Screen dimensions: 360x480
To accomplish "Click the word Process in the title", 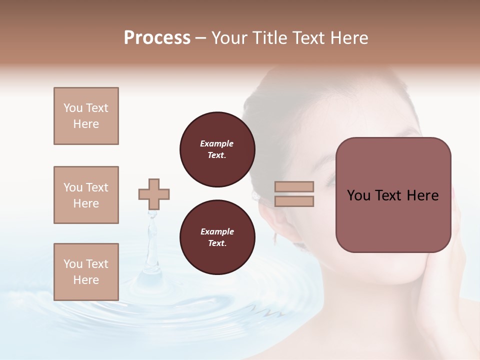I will [x=157, y=38].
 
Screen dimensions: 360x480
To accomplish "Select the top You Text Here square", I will [x=86, y=116].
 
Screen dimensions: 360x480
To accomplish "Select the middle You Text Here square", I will [x=86, y=195].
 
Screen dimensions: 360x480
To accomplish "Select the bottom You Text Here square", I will [x=86, y=272].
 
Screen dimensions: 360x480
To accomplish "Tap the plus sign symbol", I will [x=154, y=194].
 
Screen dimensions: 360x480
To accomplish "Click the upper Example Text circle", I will [x=217, y=149].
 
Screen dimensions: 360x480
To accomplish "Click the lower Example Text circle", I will [x=217, y=237].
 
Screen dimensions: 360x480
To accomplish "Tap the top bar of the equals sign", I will [x=294, y=187].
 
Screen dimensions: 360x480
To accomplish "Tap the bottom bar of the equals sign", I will [x=294, y=201].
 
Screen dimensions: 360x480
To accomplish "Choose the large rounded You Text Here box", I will [x=393, y=195].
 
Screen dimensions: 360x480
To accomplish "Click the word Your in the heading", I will [x=230, y=38].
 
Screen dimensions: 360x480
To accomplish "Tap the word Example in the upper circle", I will [x=217, y=144].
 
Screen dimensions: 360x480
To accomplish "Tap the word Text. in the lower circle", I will [x=217, y=243].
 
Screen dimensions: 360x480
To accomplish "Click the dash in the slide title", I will [x=201, y=38].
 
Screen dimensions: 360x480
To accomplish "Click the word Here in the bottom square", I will [x=86, y=280].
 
